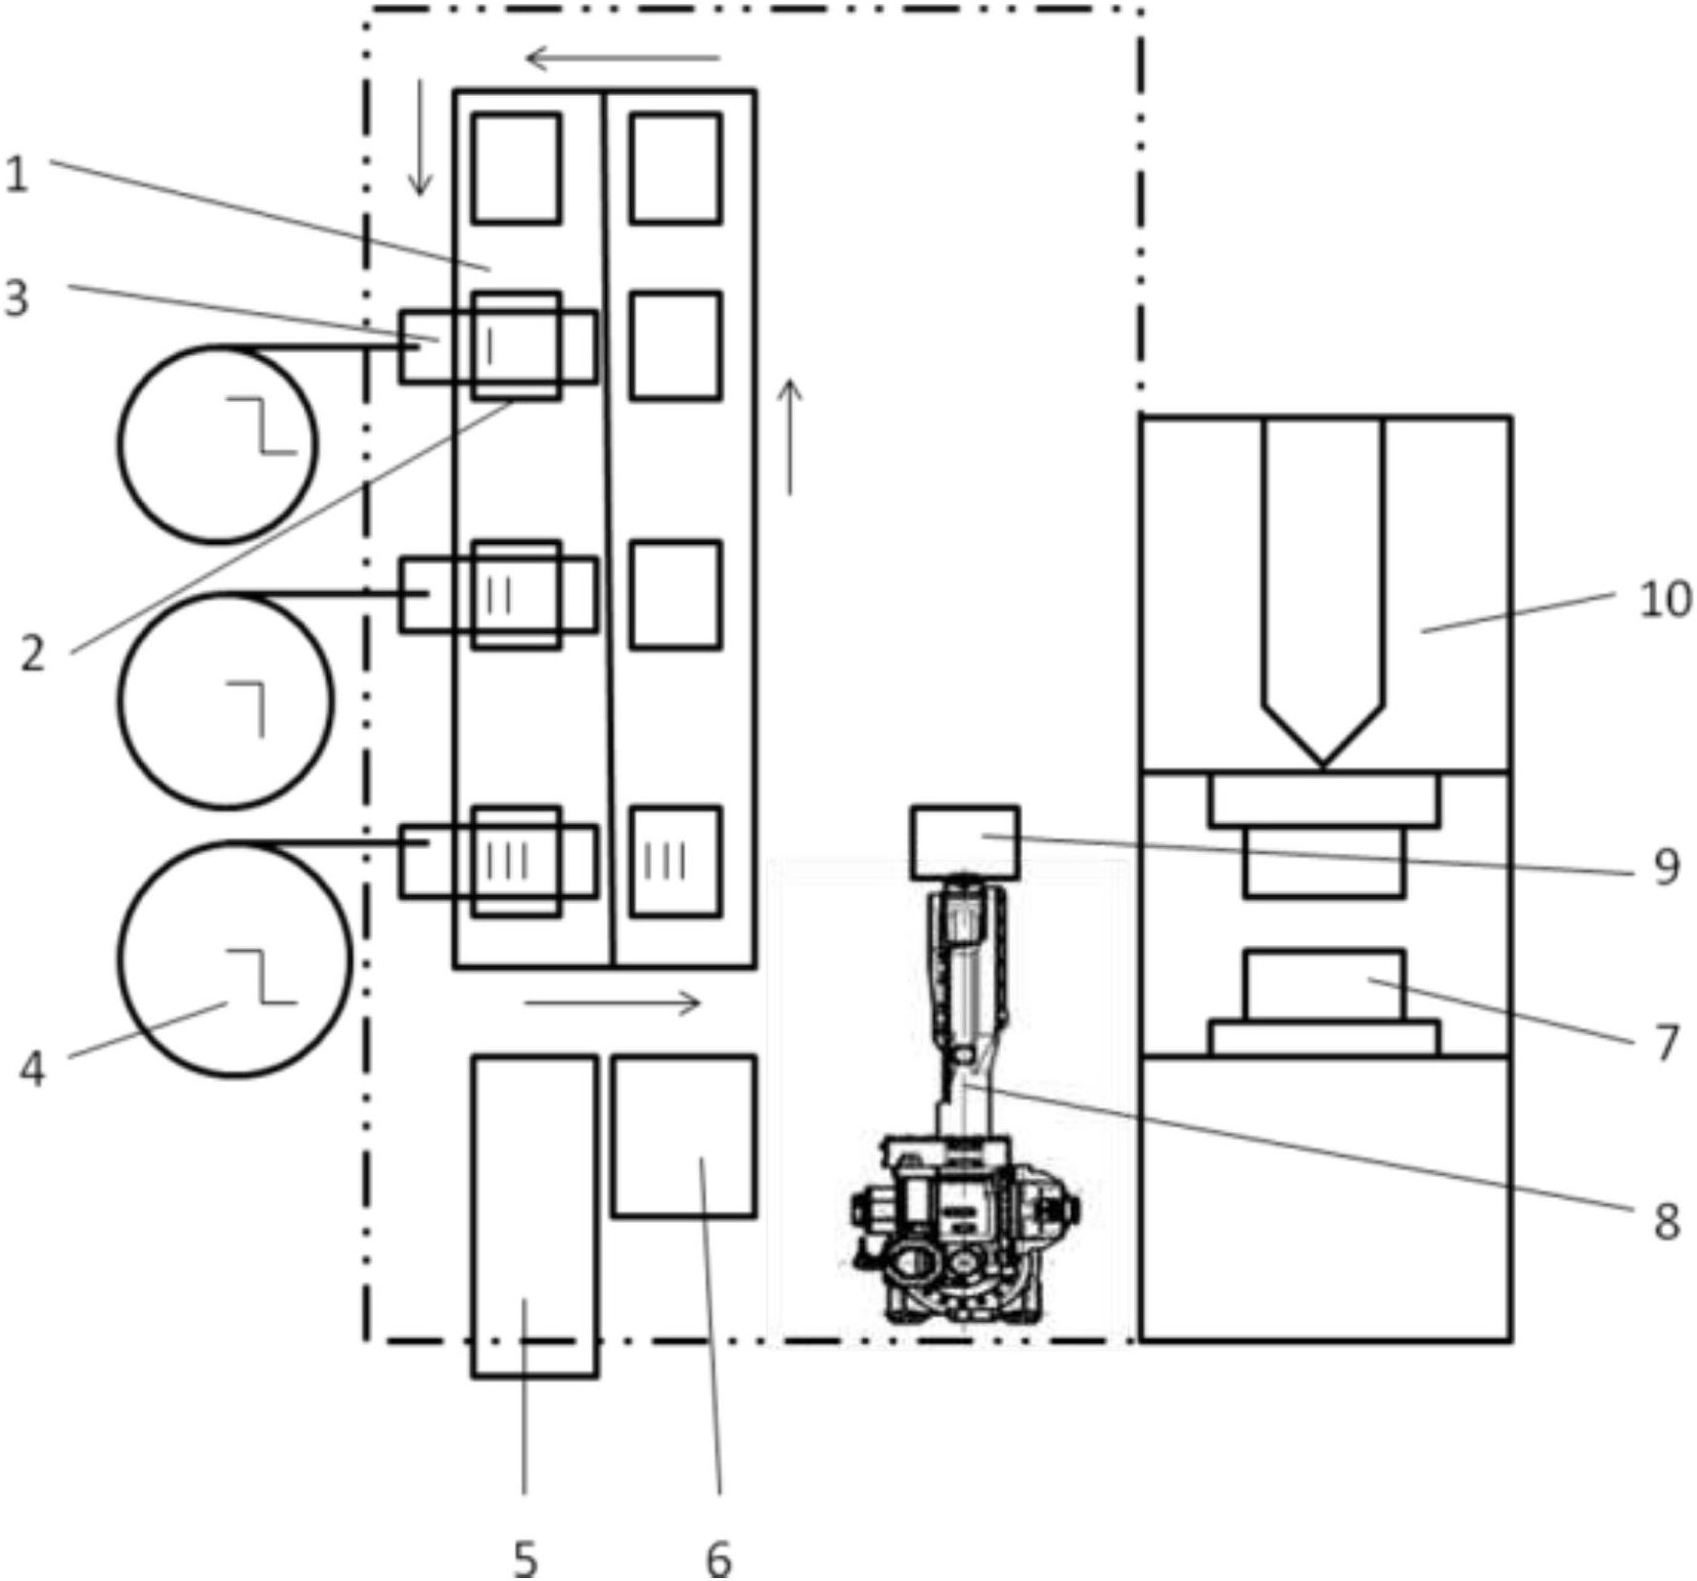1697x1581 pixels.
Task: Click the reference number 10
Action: pyautogui.click(x=1665, y=599)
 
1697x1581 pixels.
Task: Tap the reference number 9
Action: pyautogui.click(x=1667, y=867)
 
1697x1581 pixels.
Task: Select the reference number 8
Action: pyautogui.click(x=1667, y=1221)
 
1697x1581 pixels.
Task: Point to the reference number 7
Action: pyautogui.click(x=1667, y=1043)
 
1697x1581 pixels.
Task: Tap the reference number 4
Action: pyautogui.click(x=32, y=1069)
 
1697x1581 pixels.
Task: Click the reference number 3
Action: pyautogui.click(x=17, y=297)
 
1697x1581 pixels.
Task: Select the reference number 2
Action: pyautogui.click(x=33, y=654)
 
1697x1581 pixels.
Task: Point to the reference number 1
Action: pyautogui.click(x=17, y=175)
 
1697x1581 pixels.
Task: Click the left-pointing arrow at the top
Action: pyautogui.click(x=622, y=59)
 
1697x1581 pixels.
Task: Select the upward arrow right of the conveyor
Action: pyautogui.click(x=790, y=436)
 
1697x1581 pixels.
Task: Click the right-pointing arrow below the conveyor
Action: pyautogui.click(x=613, y=1003)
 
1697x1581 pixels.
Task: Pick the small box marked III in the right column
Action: pyautogui.click(x=675, y=862)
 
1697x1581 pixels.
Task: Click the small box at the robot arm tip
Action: pyautogui.click(x=965, y=842)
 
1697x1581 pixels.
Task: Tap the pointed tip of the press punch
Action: pyautogui.click(x=1322, y=761)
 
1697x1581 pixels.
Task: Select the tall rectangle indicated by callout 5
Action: pyautogui.click(x=534, y=1216)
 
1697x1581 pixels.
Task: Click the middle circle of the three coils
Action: pyautogui.click(x=226, y=701)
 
